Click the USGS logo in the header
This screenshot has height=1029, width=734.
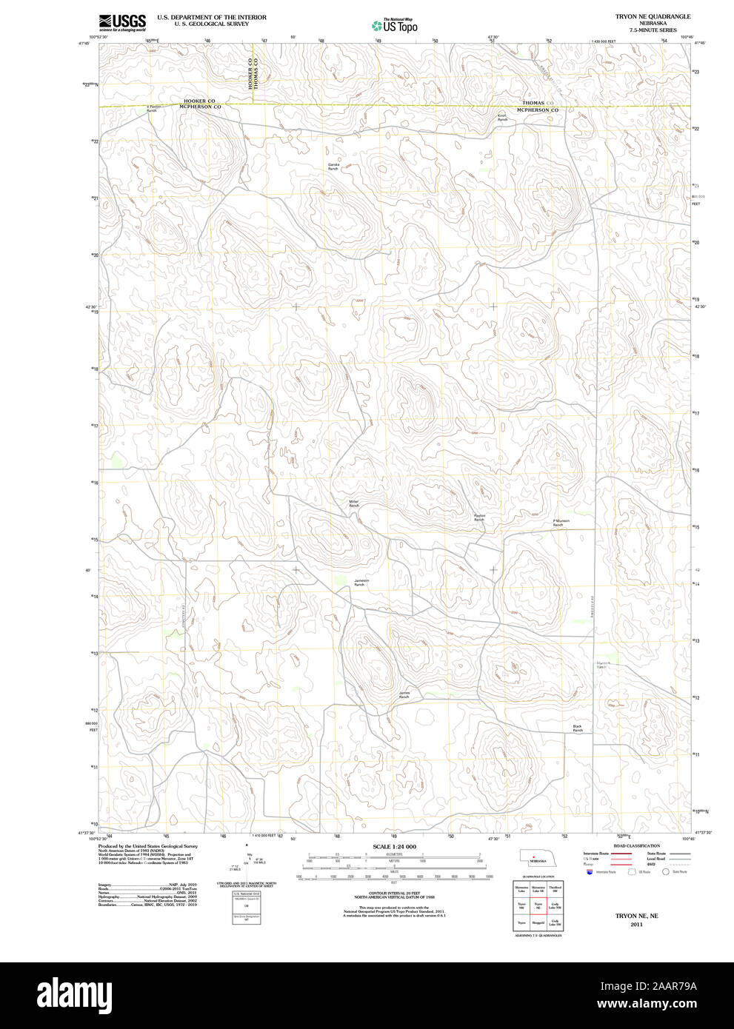[x=122, y=21]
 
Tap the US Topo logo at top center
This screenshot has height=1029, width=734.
[x=396, y=26]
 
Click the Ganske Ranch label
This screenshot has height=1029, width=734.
[x=333, y=167]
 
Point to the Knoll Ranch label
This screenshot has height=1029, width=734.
[x=502, y=117]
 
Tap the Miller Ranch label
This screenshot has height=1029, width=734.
[x=354, y=503]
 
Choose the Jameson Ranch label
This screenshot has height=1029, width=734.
[x=361, y=583]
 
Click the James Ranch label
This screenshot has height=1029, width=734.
[x=404, y=695]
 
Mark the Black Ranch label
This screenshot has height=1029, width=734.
[x=578, y=728]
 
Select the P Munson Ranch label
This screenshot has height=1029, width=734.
[x=561, y=523]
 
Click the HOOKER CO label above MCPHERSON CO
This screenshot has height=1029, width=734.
[x=200, y=101]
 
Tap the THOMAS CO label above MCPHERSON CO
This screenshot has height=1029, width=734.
[x=538, y=103]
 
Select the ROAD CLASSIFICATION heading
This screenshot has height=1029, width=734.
[x=636, y=845]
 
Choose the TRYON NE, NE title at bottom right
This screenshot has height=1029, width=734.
[x=636, y=916]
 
